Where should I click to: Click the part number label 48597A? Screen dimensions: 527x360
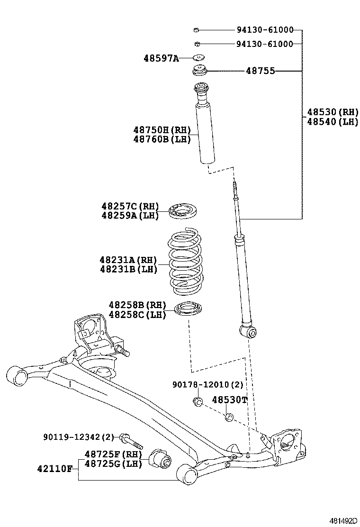click(161, 58)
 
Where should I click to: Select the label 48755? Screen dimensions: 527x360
click(260, 71)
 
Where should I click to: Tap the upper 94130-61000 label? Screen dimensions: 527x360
click(265, 30)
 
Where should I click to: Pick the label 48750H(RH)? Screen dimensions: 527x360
click(162, 130)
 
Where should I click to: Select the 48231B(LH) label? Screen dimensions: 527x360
click(128, 269)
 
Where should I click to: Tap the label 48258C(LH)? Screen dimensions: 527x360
click(137, 314)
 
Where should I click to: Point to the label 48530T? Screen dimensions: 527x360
click(229, 400)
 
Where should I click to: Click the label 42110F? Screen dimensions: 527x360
click(54, 469)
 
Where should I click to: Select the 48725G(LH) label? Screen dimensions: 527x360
click(114, 464)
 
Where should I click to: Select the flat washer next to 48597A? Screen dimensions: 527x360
click(198, 58)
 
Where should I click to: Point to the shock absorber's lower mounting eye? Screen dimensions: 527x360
click(249, 331)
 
